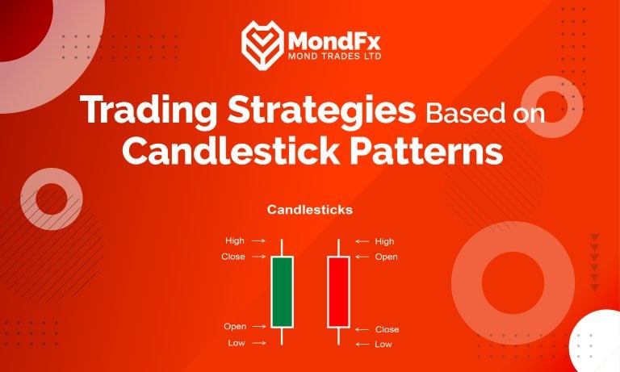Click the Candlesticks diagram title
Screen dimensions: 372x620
[x=310, y=211]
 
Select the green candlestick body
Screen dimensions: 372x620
[x=282, y=292]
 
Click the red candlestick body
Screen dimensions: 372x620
[x=338, y=292]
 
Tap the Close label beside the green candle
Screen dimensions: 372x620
[x=233, y=257]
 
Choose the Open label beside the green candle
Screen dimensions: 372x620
[x=234, y=327]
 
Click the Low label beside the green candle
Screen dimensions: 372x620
[x=236, y=343]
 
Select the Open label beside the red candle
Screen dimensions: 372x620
[x=386, y=257]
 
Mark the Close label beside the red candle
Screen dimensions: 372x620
[x=387, y=329]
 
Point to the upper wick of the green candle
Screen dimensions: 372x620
[x=282, y=248]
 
